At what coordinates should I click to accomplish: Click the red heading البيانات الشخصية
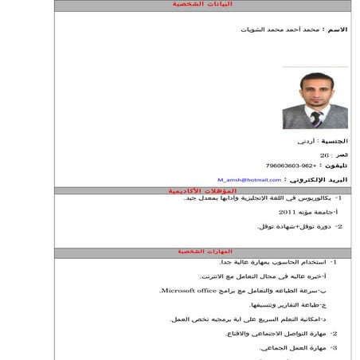[202, 5]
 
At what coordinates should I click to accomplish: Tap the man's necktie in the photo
[316, 118]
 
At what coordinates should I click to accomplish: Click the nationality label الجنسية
[333, 140]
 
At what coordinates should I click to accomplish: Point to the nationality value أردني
[307, 141]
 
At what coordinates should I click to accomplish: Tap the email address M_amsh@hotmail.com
[248, 180]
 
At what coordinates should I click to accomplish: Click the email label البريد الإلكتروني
[319, 180]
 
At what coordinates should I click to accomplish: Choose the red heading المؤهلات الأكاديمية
[202, 191]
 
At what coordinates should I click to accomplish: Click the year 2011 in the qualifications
[287, 213]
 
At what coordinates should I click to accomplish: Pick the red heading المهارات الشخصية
[202, 252]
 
